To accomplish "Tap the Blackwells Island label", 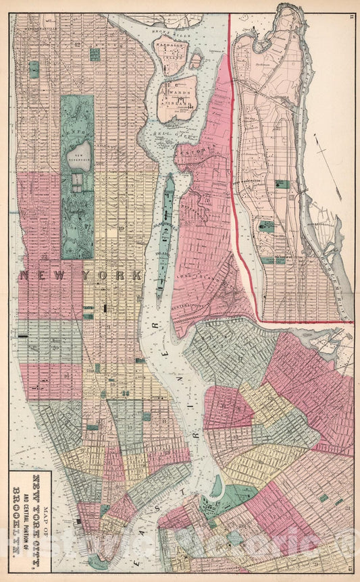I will point(160,233).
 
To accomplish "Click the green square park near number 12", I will point(95,54).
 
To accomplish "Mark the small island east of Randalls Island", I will point(195,61).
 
